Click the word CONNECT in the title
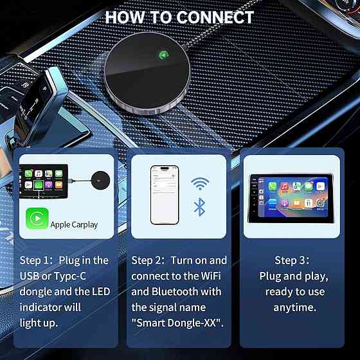215,17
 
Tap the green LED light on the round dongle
164,55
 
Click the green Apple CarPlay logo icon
37,219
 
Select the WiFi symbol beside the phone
200,183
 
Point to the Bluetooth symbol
199,207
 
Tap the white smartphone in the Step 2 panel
165,195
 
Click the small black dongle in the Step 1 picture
100,180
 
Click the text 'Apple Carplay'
74,225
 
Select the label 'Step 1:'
37,260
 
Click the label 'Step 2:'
148,260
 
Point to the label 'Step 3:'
292,260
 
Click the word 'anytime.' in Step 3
295,307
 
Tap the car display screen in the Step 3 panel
291,198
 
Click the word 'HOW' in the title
125,17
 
